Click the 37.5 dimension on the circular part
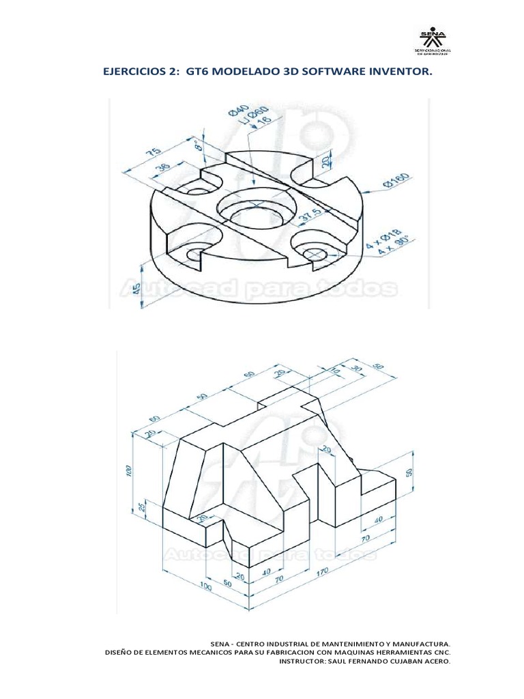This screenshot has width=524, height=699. pyautogui.click(x=309, y=217)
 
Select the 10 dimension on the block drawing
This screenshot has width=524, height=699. pyautogui.click(x=335, y=371)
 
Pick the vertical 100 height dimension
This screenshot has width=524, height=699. pyautogui.click(x=129, y=472)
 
